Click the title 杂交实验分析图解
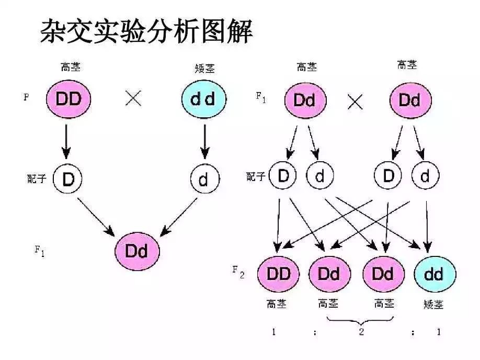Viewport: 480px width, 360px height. coord(146,32)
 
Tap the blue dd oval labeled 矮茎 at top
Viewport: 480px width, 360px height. coord(204,99)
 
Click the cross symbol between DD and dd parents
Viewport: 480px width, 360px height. coord(133,98)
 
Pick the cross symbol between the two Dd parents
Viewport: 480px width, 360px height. coord(356,101)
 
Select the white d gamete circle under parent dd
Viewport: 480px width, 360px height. coord(204,179)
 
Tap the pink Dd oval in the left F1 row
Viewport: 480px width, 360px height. coord(138,251)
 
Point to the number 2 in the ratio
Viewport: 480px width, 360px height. coord(361,332)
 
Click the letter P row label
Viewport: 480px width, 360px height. coord(26,97)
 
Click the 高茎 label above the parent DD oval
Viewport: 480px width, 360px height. coord(71,67)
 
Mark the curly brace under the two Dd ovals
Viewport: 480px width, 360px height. coord(361,319)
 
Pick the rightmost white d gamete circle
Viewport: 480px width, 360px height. coord(425,177)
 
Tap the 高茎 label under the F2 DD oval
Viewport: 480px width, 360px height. coord(277,304)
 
